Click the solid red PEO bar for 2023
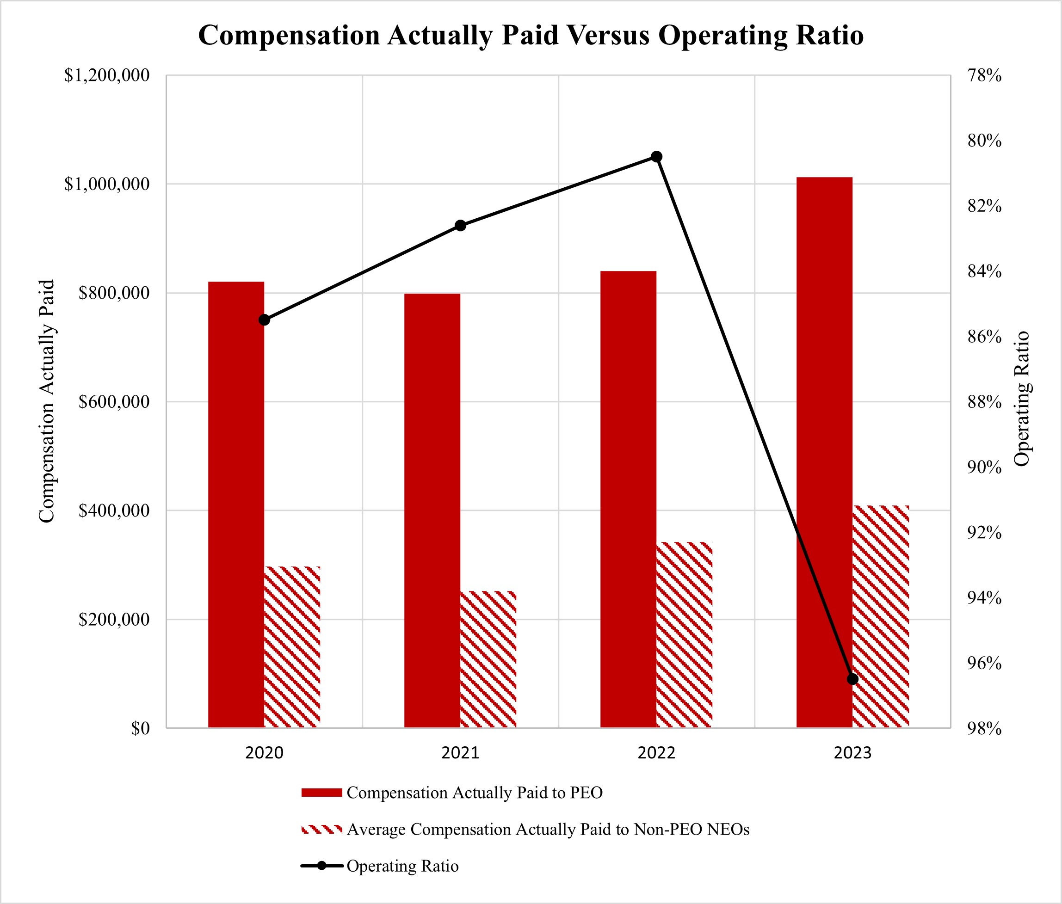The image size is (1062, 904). pos(824,451)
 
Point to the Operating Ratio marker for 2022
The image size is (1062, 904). pos(656,156)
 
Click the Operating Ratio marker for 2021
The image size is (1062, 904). pos(460,226)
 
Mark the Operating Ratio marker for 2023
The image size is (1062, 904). pos(852,679)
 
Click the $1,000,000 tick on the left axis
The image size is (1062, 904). pos(106,184)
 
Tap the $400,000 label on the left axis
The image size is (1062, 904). pos(114,510)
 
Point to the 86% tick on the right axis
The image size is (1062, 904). pos(984,337)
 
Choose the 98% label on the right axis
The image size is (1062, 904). pos(984,728)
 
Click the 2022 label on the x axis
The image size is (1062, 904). pos(656,753)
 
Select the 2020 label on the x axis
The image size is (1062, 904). pos(265,753)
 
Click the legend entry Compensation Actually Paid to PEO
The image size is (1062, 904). pos(474,793)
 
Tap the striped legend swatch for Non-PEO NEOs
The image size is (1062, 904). pos(321,829)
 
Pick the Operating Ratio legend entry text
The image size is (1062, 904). pos(402,866)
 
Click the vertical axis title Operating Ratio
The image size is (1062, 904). pos(1022,399)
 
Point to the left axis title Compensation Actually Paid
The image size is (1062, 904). pos(46,401)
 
